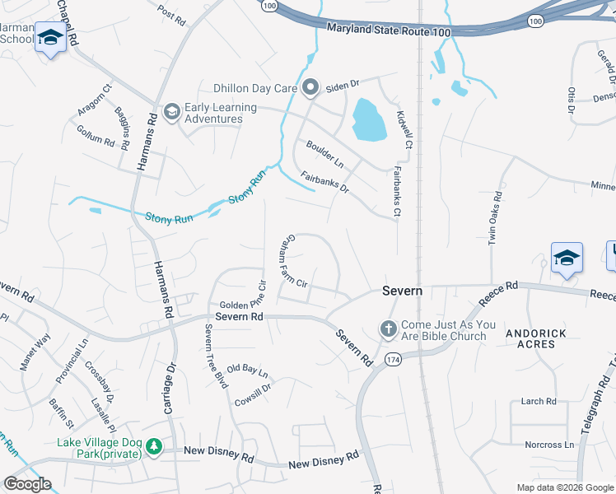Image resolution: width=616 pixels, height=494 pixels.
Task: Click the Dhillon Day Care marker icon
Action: click(310, 86)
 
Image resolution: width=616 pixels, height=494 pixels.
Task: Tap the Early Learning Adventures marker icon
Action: click(172, 111)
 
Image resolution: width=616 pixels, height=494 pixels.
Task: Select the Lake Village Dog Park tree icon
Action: click(153, 446)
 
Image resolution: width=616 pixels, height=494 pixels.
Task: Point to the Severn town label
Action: click(402, 291)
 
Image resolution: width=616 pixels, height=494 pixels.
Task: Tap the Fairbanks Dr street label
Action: click(324, 182)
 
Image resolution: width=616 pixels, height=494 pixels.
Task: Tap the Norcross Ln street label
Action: click(549, 445)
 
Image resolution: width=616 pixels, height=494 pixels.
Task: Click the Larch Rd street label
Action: click(539, 401)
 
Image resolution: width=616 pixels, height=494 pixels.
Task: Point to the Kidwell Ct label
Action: click(404, 130)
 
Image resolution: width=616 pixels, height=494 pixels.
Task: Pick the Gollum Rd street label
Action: click(96, 141)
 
